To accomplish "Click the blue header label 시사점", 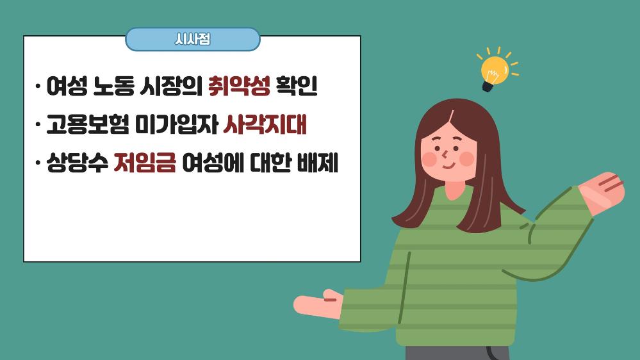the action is tap(192, 39).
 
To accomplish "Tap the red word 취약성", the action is tap(239, 86).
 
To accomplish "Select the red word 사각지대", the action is tap(265, 124).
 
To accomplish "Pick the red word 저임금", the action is tap(145, 163).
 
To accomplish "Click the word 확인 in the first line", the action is tap(297, 86).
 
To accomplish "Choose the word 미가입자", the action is tap(176, 124).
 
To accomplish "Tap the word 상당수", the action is tap(77, 163).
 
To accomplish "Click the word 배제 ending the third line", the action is tap(317, 163).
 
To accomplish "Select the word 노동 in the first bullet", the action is tap(113, 86).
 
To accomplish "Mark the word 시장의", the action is tap(171, 86).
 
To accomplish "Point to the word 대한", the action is tap(270, 163).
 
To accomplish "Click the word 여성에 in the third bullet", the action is tap(213, 163).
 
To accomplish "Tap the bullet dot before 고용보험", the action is tap(38, 124).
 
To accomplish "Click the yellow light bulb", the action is tap(495, 70).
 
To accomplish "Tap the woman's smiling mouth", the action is tap(449, 166).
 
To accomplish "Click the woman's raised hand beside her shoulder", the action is tap(602, 193).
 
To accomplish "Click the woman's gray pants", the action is tap(457, 353).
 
